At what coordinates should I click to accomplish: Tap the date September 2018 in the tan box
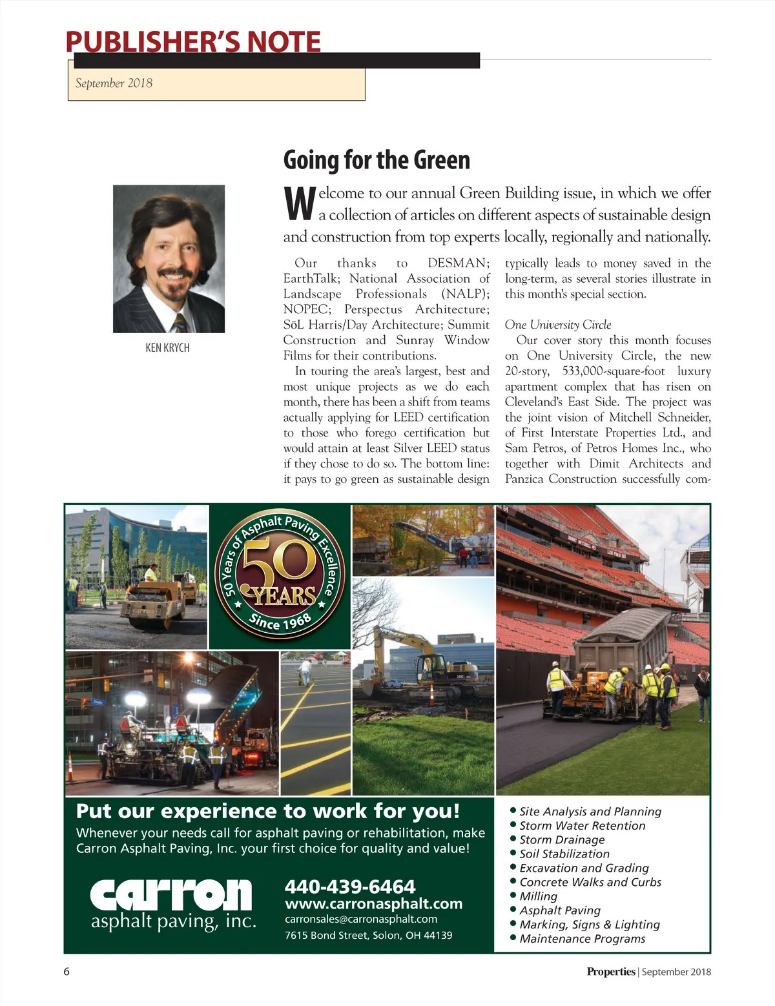click(114, 83)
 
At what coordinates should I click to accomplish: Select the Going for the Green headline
click(377, 160)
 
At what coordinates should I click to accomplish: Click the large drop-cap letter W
click(299, 203)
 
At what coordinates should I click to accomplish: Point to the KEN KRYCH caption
click(167, 348)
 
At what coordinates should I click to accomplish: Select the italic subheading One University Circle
click(558, 325)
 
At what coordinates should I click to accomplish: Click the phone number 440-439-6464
click(349, 887)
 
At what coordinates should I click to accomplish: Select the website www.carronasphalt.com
click(373, 903)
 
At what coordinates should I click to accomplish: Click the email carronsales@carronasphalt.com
click(361, 919)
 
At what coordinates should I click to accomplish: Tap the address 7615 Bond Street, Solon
click(368, 935)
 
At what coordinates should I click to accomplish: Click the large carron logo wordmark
click(170, 895)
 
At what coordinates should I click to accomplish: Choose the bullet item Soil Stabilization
click(564, 854)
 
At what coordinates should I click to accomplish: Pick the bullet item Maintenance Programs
click(582, 939)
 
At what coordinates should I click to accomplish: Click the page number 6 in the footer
click(67, 972)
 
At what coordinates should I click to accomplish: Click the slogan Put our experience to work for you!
click(268, 811)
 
